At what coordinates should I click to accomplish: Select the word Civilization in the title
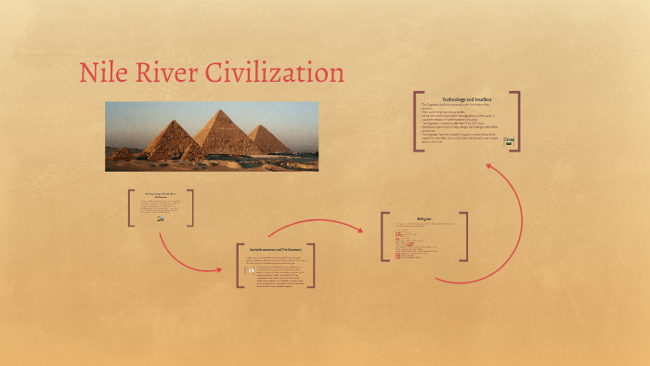coord(283,73)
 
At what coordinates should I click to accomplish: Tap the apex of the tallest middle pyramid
coord(221,111)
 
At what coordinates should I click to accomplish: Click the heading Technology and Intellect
coord(466,98)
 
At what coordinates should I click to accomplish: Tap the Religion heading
coord(424,219)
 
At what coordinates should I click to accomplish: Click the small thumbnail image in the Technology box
coord(508,141)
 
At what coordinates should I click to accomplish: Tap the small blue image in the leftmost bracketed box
coord(161,218)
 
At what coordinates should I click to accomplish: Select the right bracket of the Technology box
coord(517,121)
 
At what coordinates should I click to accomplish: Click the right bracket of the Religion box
coord(465,236)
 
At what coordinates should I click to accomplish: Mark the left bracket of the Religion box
coord(383,236)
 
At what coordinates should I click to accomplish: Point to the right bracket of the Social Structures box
coord(312,267)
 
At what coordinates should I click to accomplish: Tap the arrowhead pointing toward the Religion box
coord(360,229)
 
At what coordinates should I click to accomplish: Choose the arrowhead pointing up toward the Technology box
coord(490,168)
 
